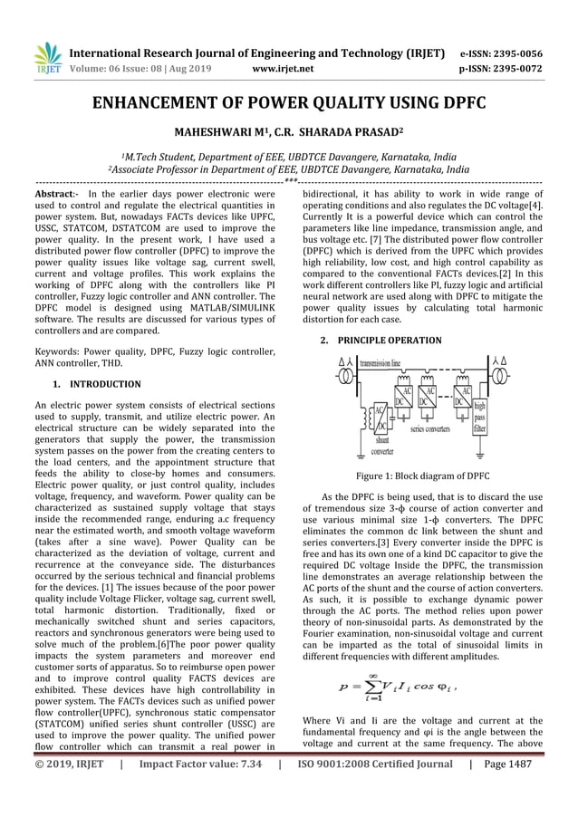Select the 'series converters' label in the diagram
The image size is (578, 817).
click(429, 428)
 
